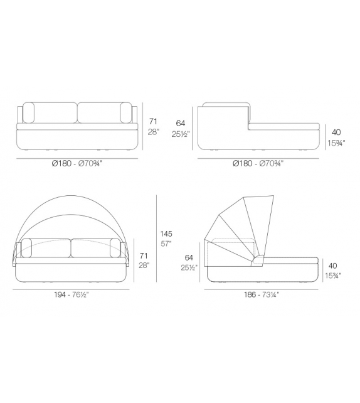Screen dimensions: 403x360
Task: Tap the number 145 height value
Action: click(166, 234)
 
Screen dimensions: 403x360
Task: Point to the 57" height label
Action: click(166, 244)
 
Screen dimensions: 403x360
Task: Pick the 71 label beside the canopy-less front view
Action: click(152, 122)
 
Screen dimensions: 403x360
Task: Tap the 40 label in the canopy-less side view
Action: click(336, 132)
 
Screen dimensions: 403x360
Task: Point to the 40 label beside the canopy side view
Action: click(334, 266)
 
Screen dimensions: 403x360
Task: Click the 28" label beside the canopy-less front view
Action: click(153, 132)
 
